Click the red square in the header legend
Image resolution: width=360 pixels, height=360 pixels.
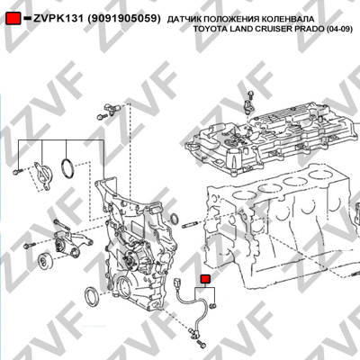pos(13,18)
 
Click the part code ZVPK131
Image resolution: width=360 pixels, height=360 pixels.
pos(58,19)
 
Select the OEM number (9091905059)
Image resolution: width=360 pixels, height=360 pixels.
pos(124,19)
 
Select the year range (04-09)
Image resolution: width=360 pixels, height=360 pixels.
pos(339,29)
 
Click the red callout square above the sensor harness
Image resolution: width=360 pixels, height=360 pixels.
pos(205,279)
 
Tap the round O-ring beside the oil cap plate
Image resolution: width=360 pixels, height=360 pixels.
pos(67,167)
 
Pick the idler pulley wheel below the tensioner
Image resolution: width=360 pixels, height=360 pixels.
pos(45,262)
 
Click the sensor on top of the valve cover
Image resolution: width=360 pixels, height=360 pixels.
pos(248,104)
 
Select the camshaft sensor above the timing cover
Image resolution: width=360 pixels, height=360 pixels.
pos(112,107)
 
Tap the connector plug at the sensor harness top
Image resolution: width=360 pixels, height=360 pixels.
pos(177,283)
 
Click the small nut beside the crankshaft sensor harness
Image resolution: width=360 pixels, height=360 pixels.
pos(214,306)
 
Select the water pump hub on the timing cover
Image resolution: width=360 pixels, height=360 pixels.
pos(130,258)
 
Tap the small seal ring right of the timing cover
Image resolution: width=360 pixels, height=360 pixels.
pos(174,219)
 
